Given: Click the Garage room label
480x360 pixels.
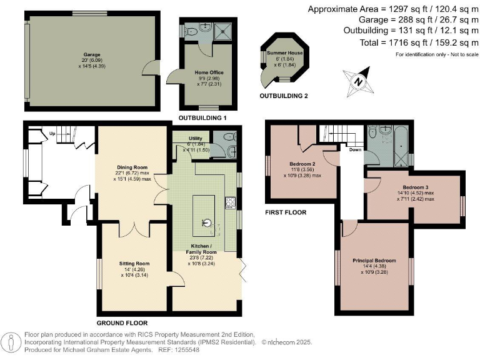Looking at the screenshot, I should (x=92, y=55).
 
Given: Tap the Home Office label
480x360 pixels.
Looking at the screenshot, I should (x=206, y=72).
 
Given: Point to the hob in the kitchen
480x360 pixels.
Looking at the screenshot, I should (x=229, y=202).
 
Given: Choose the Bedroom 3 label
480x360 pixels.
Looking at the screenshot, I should (x=416, y=187).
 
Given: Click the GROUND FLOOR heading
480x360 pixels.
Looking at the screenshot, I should (x=122, y=323).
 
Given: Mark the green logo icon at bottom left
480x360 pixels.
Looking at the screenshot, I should (x=11, y=343).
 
